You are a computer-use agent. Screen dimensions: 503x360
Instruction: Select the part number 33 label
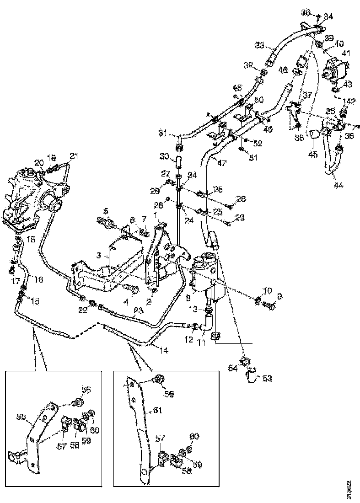coord(259,45)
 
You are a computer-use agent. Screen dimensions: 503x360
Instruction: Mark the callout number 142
coord(350,101)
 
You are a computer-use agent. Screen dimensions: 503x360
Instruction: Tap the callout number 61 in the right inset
coord(158,410)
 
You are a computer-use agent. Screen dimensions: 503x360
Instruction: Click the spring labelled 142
coord(345,112)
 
